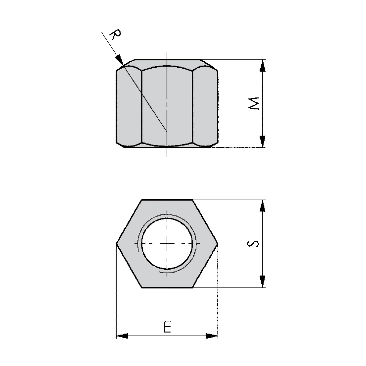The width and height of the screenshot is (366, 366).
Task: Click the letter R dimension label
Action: (x=115, y=34)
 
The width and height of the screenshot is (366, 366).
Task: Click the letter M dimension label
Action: (x=253, y=103)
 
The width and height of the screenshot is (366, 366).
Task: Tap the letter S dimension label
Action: (x=253, y=244)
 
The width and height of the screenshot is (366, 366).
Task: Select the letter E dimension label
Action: (x=167, y=327)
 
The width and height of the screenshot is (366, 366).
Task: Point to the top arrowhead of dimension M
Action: (x=263, y=66)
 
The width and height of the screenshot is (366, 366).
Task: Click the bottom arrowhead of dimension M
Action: (x=263, y=142)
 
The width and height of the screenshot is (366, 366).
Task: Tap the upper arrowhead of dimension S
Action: (x=263, y=206)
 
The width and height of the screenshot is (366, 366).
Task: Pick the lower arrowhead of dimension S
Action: (x=263, y=281)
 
